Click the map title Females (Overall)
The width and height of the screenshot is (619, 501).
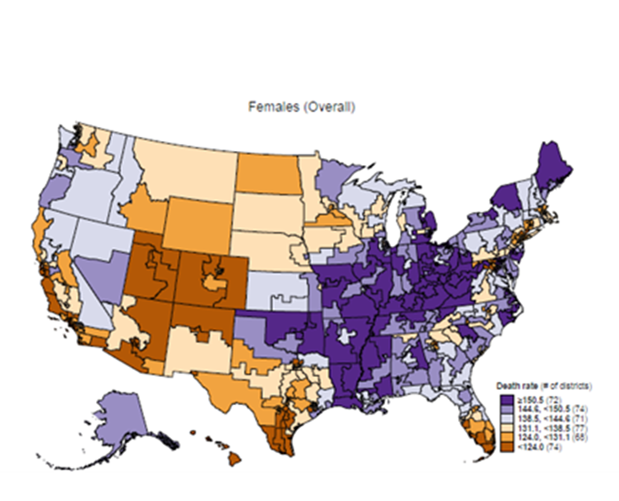[301, 107]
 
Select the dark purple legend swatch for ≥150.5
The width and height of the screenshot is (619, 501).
[500, 394]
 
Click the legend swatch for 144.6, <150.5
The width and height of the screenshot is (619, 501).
[500, 403]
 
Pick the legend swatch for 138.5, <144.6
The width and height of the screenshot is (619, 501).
[500, 412]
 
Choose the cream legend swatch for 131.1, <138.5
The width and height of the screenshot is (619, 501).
[500, 421]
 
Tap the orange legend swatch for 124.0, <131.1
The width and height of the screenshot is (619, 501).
[500, 430]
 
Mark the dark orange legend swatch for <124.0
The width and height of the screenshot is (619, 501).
[500, 439]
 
